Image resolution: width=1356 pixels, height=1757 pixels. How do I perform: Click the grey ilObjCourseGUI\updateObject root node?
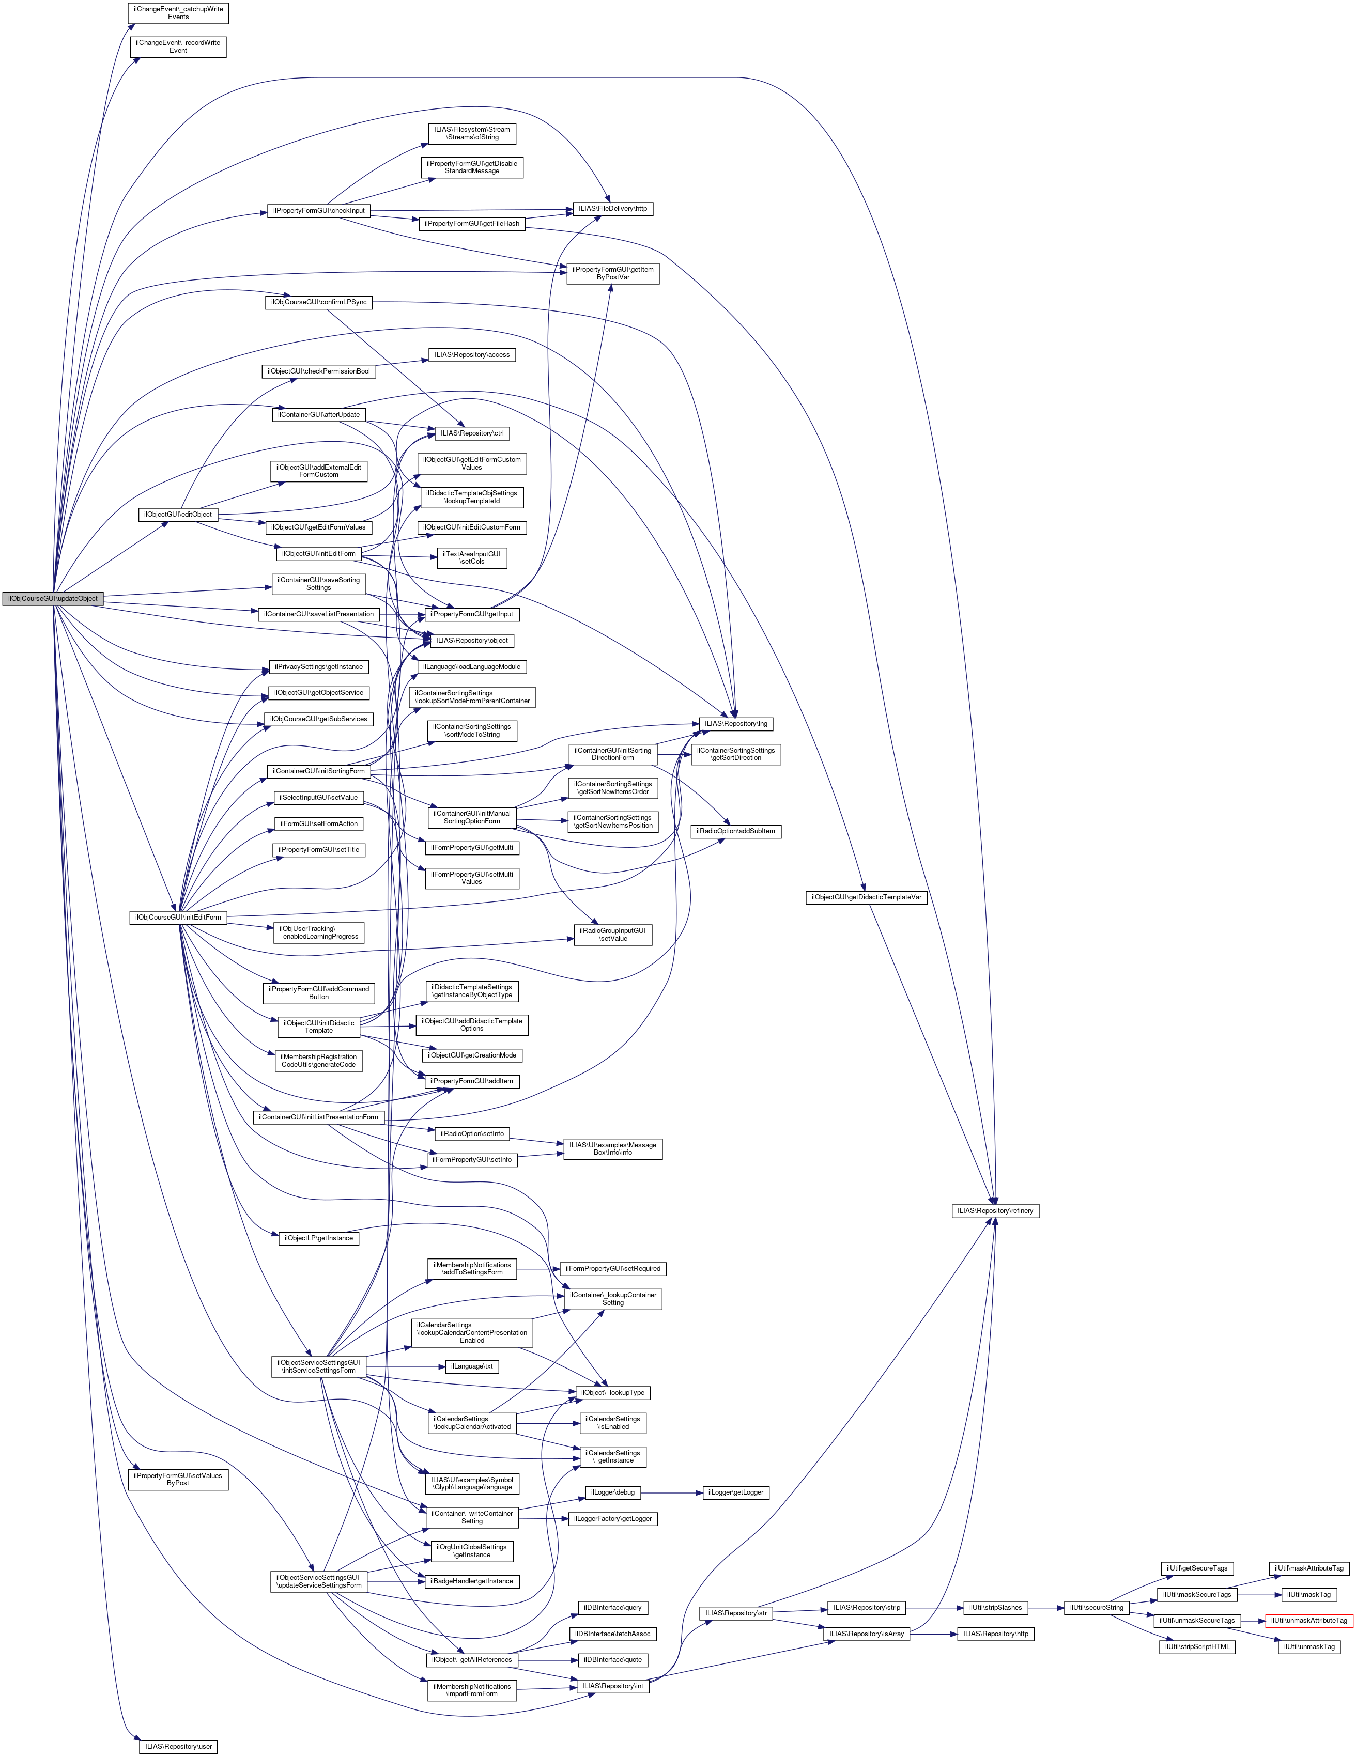point(52,599)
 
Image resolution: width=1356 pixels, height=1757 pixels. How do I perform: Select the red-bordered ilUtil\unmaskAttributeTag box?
point(1308,1620)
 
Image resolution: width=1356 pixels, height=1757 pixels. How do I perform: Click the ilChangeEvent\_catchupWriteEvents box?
point(178,13)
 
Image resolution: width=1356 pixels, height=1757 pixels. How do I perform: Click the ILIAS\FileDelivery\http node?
point(612,209)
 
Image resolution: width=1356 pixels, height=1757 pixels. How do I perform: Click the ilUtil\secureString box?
point(1096,1607)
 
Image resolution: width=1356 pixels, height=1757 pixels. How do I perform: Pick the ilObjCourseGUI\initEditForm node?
point(178,917)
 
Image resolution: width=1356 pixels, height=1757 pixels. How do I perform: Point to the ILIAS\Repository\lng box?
point(735,723)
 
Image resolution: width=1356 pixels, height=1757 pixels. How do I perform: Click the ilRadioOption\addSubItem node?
point(735,831)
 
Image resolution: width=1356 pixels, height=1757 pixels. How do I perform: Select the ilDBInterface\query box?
point(612,1607)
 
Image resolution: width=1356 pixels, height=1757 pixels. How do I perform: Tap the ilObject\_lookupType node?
point(612,1393)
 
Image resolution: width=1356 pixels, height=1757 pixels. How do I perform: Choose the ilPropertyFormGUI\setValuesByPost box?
point(178,1480)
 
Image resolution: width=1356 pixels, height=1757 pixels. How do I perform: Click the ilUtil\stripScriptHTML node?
point(1197,1647)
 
